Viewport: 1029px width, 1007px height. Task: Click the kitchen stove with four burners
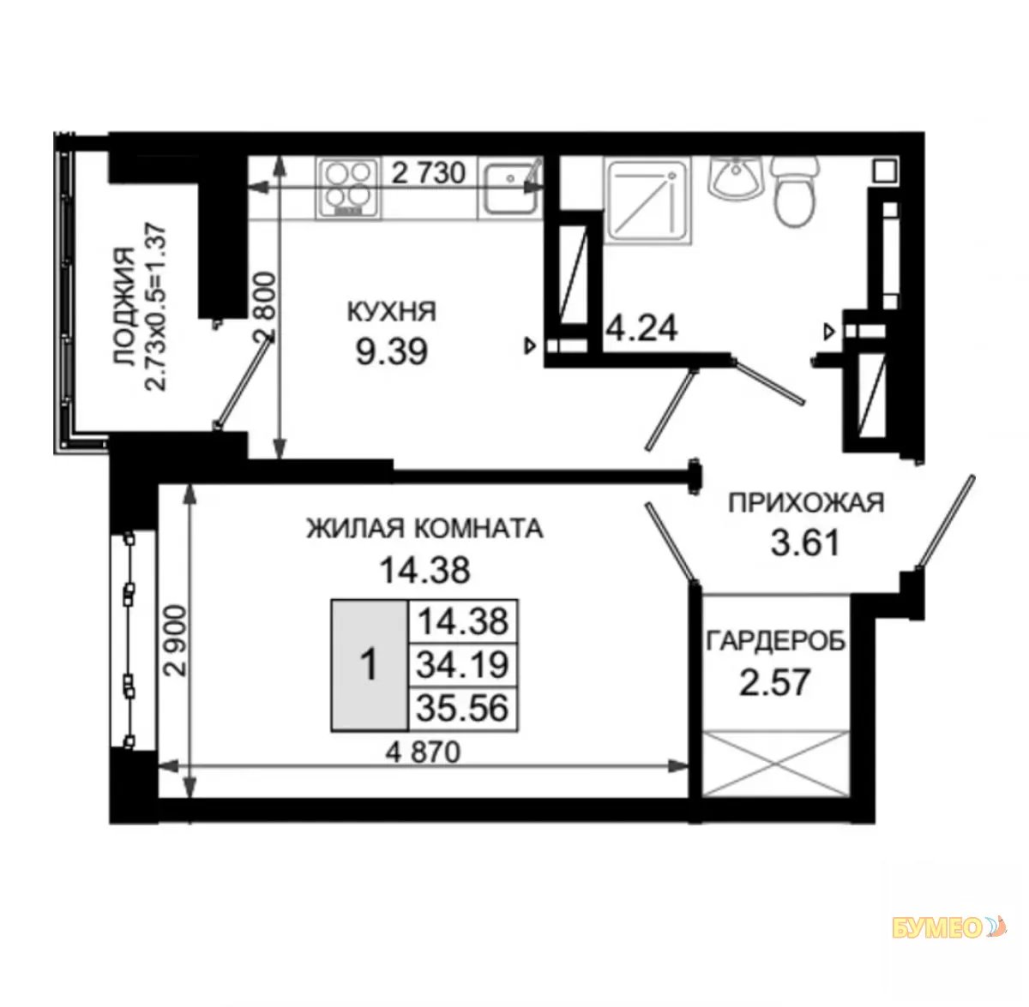click(x=349, y=188)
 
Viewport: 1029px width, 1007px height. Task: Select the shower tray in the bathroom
click(x=647, y=201)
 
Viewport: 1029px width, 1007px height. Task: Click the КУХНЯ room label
click(x=391, y=311)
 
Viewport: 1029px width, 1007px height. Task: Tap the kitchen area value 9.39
click(x=392, y=352)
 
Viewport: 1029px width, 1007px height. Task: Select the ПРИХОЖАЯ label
click(x=806, y=503)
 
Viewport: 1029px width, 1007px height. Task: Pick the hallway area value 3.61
click(x=806, y=542)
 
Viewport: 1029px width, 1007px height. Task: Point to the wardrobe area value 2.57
click(x=775, y=682)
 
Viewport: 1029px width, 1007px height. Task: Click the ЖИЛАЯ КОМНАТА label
click(x=424, y=529)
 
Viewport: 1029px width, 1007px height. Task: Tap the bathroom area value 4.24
click(x=641, y=327)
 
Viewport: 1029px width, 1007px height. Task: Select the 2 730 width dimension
click(x=429, y=172)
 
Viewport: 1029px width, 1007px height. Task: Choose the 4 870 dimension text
click(x=423, y=752)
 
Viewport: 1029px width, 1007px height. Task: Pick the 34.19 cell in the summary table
click(x=462, y=665)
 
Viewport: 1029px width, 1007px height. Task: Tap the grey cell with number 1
click(x=370, y=665)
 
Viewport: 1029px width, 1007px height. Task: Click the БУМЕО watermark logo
click(x=949, y=943)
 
